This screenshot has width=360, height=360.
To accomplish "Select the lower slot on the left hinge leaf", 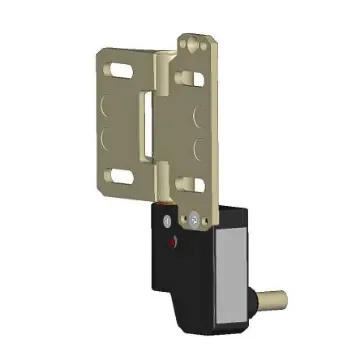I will tap(119, 177).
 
